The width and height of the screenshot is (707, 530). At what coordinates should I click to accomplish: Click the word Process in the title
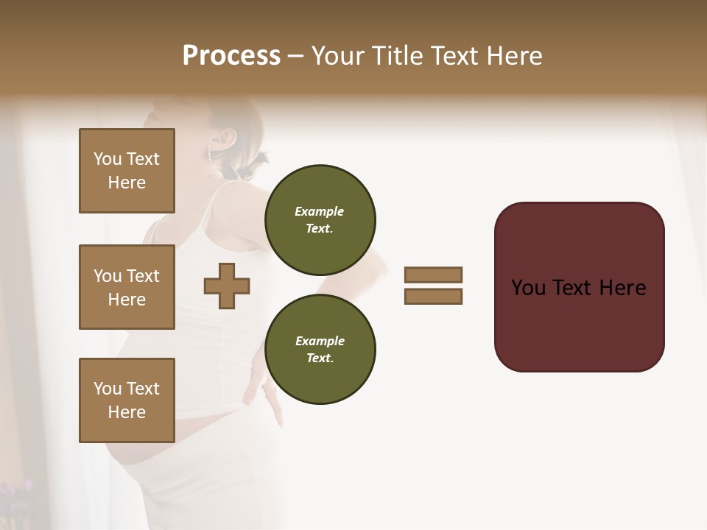(231, 56)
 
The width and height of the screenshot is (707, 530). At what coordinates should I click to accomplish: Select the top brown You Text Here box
(127, 171)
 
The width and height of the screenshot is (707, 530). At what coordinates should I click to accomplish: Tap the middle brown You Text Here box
(127, 287)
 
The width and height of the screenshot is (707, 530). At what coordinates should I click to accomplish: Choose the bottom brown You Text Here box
(127, 400)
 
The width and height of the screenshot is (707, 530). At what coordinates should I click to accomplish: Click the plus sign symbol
(227, 286)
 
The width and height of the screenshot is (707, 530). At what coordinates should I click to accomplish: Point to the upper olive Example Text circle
(320, 220)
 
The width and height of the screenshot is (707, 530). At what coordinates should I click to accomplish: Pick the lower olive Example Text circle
(320, 350)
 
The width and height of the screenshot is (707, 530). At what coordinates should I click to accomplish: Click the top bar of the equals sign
(433, 275)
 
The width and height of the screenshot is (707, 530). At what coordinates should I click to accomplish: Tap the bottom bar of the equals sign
(433, 297)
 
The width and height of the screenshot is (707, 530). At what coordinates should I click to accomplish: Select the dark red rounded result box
(579, 287)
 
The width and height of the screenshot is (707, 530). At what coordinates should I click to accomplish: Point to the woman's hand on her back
(272, 401)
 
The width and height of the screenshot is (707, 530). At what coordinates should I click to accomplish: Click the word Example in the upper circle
(319, 211)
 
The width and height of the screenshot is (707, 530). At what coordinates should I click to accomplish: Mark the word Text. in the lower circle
(319, 358)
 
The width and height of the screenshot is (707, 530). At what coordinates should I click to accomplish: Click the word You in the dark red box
(528, 288)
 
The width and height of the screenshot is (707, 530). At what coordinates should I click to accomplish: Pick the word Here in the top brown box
(127, 183)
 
